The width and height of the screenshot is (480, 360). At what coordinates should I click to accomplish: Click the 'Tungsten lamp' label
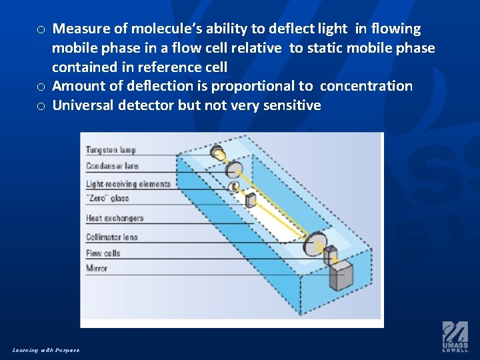111,151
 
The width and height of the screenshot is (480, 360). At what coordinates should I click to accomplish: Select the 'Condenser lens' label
112,166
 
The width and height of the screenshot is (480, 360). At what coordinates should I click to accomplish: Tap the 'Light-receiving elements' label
128,184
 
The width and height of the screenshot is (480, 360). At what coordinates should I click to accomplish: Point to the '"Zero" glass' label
107,198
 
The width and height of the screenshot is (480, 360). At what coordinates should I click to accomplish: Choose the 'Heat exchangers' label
115,218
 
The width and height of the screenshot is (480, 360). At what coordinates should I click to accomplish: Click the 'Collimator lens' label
112,237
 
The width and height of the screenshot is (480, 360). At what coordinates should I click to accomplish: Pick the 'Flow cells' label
103,253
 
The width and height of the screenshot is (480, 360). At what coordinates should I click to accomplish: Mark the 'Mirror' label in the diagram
97,268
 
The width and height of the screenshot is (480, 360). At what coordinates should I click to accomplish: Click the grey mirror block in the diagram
342,274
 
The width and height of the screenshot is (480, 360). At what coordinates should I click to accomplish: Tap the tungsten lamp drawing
217,153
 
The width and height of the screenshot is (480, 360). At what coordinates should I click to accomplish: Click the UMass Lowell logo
455,337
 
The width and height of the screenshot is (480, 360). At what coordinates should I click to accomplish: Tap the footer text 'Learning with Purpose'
46,350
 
